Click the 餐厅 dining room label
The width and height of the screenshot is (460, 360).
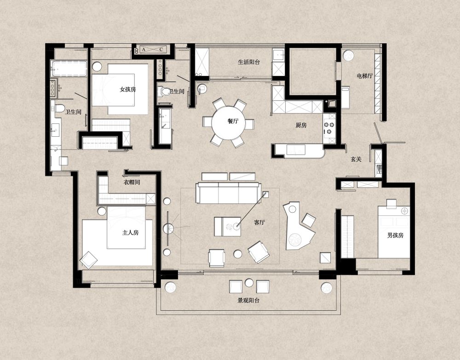pos(233,121)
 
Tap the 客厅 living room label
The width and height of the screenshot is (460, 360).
pos(259,222)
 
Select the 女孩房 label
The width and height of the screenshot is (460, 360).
pos(127,89)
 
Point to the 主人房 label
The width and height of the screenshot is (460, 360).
pos(130,232)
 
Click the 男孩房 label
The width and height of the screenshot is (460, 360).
pos(395,235)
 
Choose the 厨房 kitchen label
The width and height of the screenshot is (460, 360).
pos(301,125)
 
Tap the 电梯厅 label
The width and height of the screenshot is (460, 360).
pos(365,76)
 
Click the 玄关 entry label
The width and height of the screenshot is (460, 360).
pos(356,159)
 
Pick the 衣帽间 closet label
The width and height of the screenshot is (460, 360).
pos(132,182)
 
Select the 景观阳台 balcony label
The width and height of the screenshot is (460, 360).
pos(248,301)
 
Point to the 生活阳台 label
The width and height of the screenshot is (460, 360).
pos(249,62)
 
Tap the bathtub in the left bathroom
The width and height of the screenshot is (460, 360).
pos(69,69)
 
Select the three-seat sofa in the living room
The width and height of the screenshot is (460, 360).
pos(228,192)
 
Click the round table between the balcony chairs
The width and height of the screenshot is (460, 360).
pos(249,283)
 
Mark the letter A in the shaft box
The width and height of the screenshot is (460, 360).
pos(144,50)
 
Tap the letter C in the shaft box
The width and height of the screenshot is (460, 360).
pos(161,50)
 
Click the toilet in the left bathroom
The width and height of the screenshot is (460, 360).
pos(59,108)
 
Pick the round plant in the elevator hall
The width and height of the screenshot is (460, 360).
pos(348,56)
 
